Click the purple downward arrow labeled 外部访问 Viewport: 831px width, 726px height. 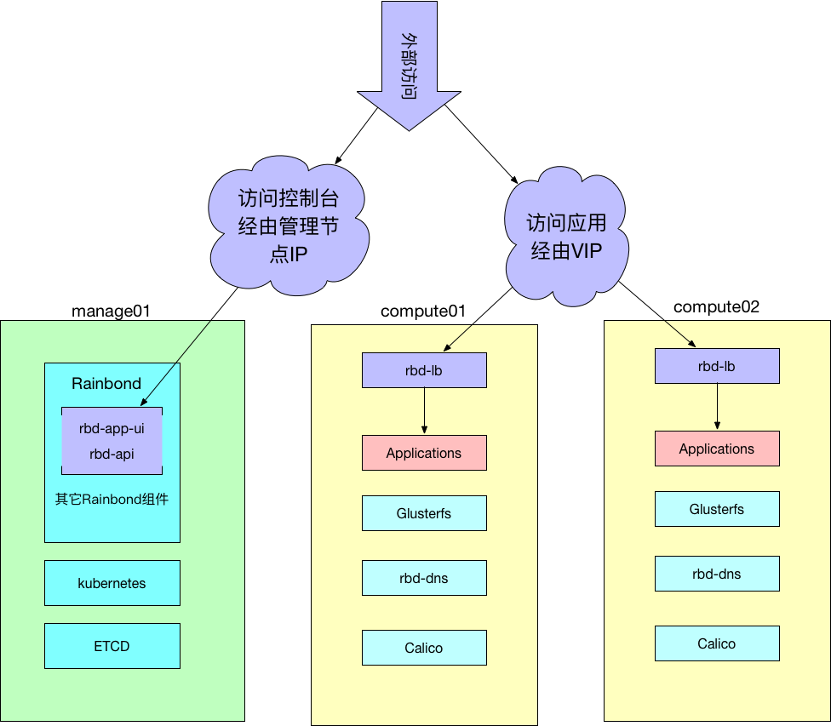point(409,64)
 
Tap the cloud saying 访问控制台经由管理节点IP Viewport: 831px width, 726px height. point(288,226)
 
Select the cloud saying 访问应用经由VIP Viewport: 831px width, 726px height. point(566,236)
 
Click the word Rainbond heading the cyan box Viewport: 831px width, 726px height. point(106,383)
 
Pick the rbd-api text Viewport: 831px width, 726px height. point(112,454)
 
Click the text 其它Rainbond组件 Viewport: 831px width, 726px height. point(112,499)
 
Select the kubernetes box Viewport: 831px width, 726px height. point(112,583)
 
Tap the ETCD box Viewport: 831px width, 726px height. point(112,646)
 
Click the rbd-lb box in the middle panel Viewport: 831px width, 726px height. point(424,370)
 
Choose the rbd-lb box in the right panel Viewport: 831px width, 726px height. point(717,366)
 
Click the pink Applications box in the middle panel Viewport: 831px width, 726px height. point(424,453)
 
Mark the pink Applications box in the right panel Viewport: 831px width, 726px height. point(717,449)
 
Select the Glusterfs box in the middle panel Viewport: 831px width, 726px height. point(424,513)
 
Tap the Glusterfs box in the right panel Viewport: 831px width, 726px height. point(717,509)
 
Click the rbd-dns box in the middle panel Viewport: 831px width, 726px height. point(424,578)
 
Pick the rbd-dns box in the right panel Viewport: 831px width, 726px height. point(717,574)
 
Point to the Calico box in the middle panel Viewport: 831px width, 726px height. point(424,648)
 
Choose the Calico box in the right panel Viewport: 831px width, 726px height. point(717,643)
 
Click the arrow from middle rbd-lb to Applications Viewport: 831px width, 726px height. point(424,411)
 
